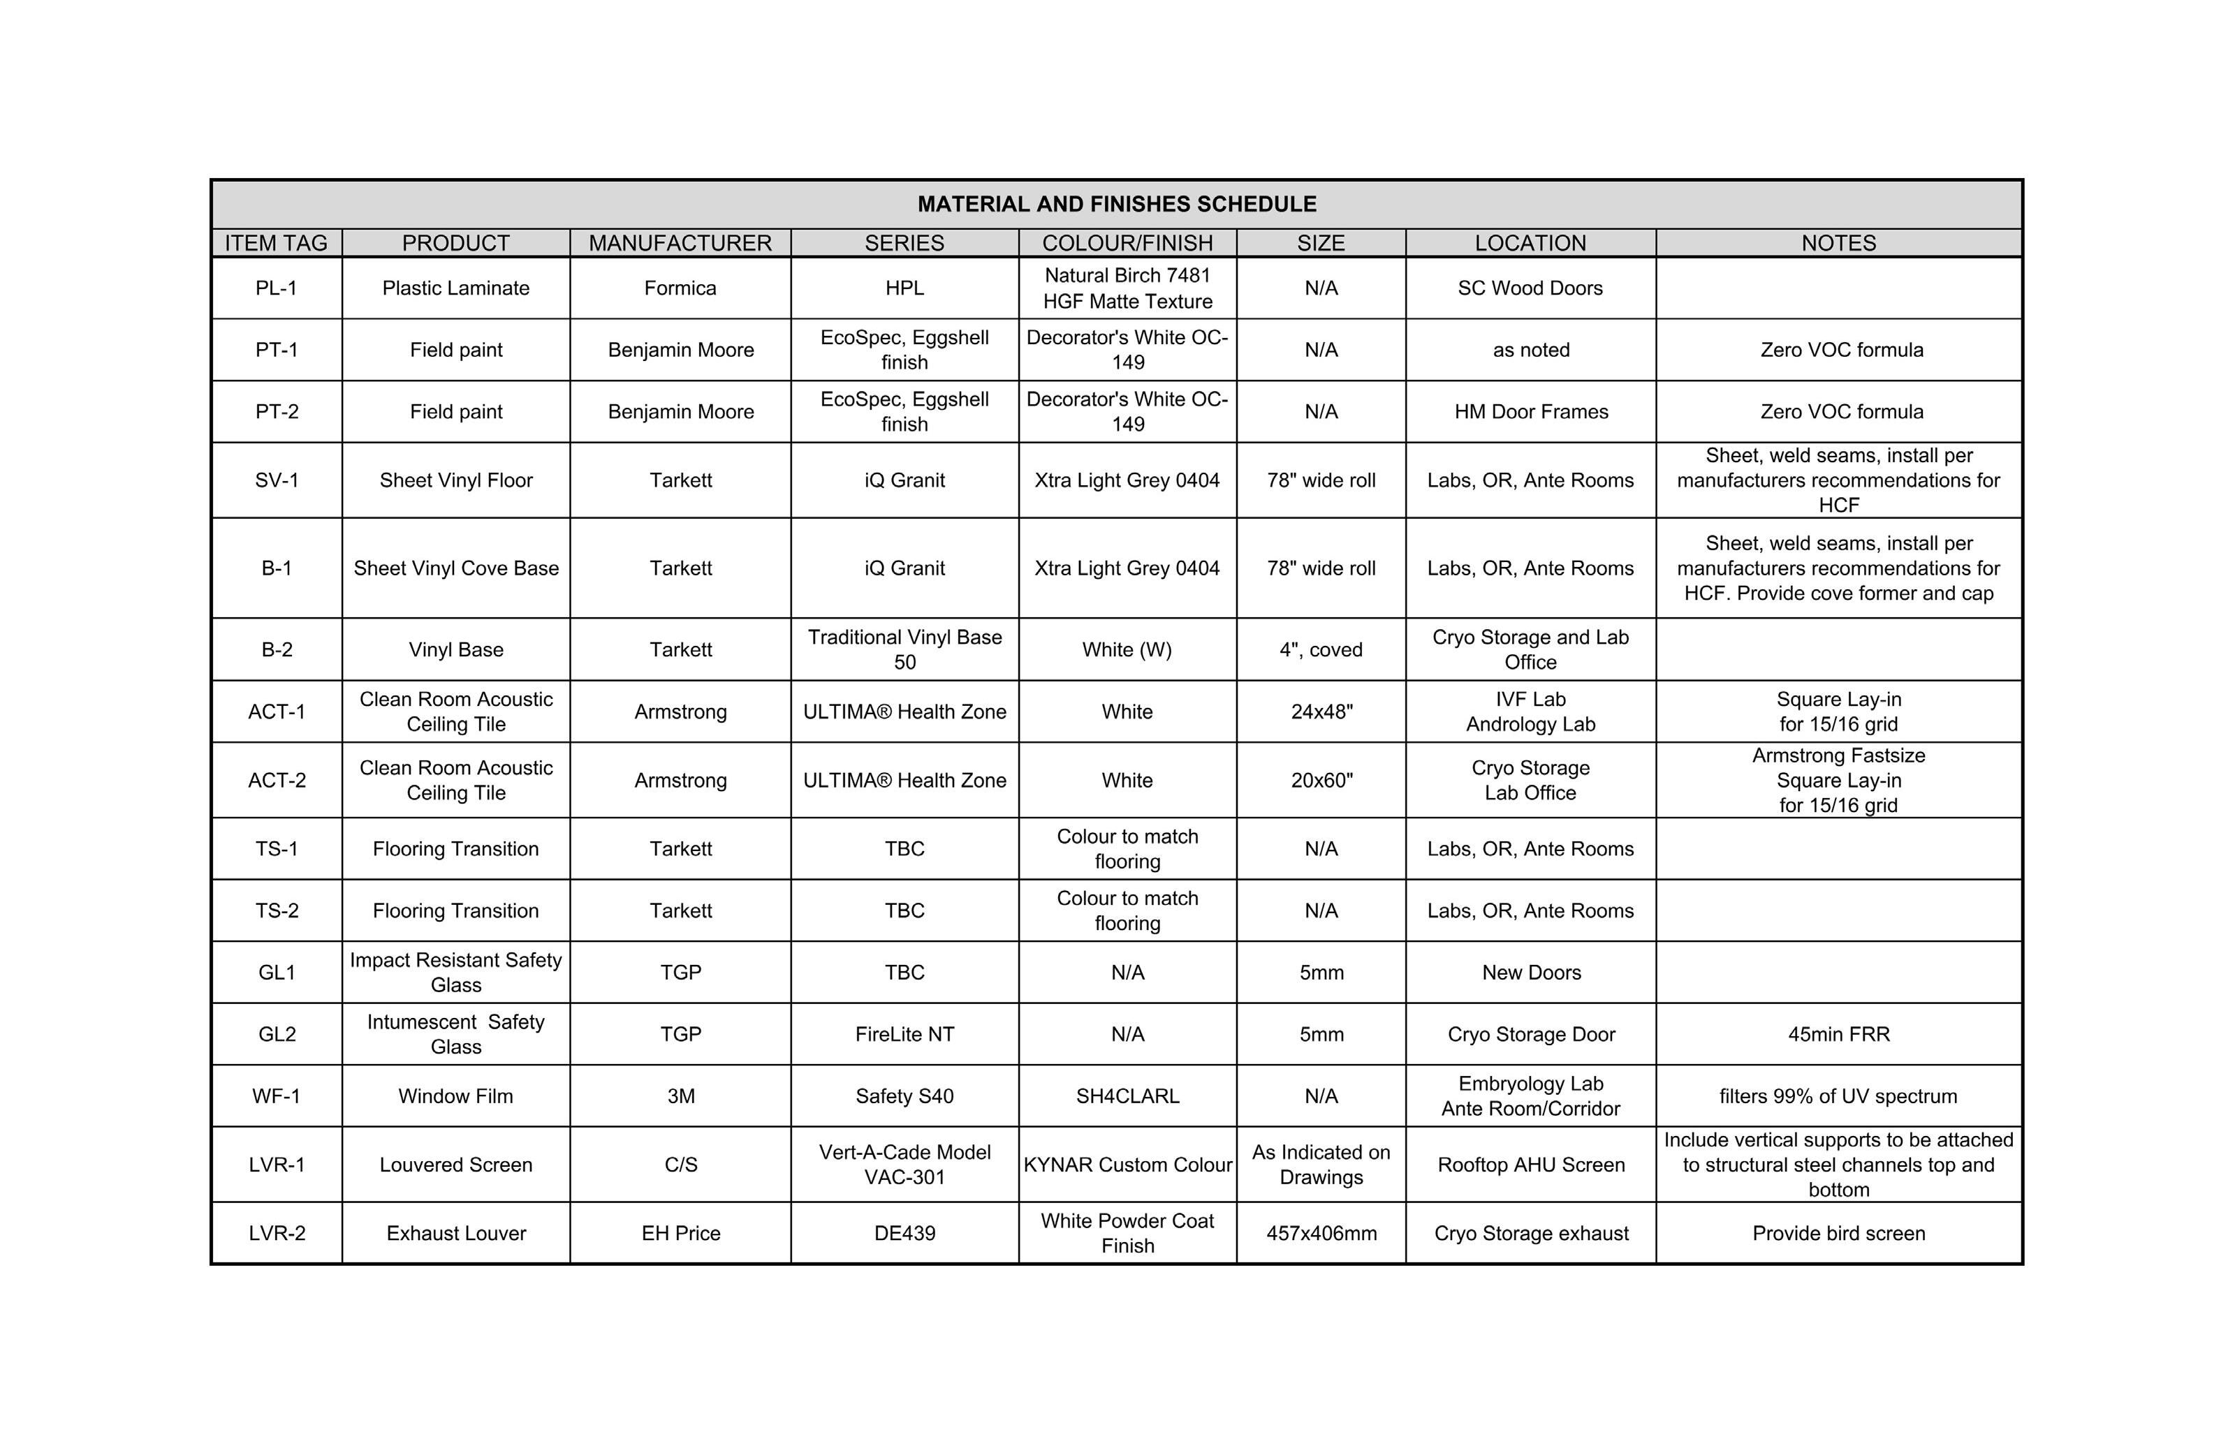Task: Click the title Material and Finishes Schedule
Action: (x=1117, y=204)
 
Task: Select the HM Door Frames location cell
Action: (x=1531, y=411)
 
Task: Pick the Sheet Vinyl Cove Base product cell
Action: (x=455, y=568)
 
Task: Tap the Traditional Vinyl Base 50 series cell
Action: (x=904, y=649)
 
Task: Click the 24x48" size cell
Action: (x=1321, y=711)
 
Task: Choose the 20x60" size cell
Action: (x=1321, y=781)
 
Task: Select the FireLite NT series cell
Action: (x=904, y=1034)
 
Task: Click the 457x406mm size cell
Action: (x=1321, y=1233)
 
